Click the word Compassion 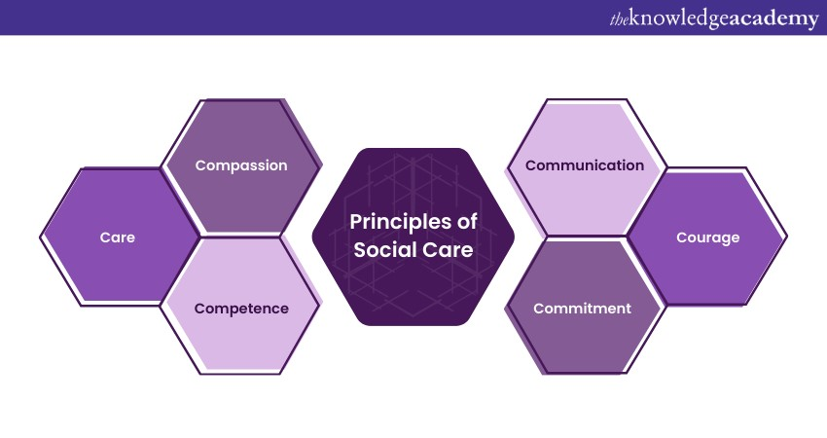[241, 165]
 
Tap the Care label [117, 237]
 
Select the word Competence [241, 309]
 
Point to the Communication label [585, 165]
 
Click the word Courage [707, 238]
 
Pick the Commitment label [582, 309]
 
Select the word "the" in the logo [619, 20]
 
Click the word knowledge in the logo [678, 19]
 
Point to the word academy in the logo [773, 20]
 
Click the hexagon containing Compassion [241, 165]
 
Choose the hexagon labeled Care [118, 237]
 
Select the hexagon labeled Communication [586, 166]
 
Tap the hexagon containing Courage [707, 237]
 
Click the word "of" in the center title [467, 222]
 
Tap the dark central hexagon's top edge [413, 149]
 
